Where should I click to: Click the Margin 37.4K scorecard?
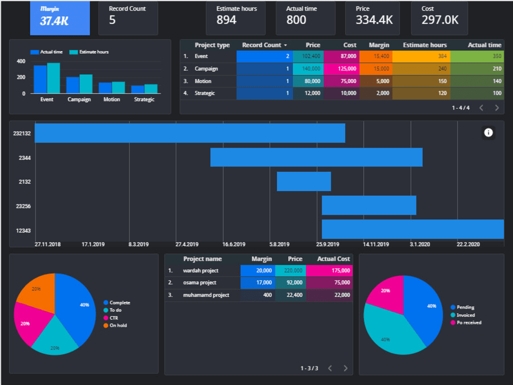tap(60, 18)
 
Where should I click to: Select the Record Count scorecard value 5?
tap(112, 20)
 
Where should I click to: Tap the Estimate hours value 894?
tap(226, 20)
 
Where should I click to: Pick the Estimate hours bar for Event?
tap(53, 78)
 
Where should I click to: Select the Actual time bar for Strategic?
tap(137, 89)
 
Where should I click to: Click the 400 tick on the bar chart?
tap(21, 61)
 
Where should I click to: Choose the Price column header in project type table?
tap(312, 45)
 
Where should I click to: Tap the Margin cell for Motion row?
tap(376, 81)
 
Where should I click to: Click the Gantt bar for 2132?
tap(304, 181)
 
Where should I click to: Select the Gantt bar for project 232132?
tap(190, 133)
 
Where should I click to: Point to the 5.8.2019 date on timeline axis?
tap(279, 245)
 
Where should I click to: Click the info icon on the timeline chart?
tap(488, 133)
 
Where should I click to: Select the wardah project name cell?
tap(201, 270)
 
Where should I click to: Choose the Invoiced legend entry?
tap(466, 315)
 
